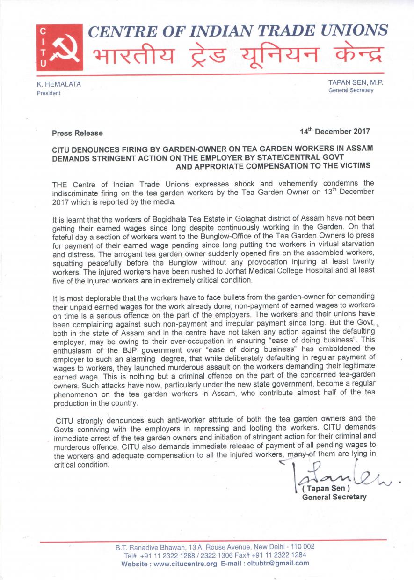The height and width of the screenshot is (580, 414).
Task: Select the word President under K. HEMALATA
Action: pos(49,93)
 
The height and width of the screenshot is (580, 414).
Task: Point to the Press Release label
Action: pos(77,133)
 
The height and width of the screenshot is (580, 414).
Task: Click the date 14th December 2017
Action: pos(335,131)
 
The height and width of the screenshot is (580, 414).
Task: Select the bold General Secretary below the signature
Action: pos(334,497)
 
